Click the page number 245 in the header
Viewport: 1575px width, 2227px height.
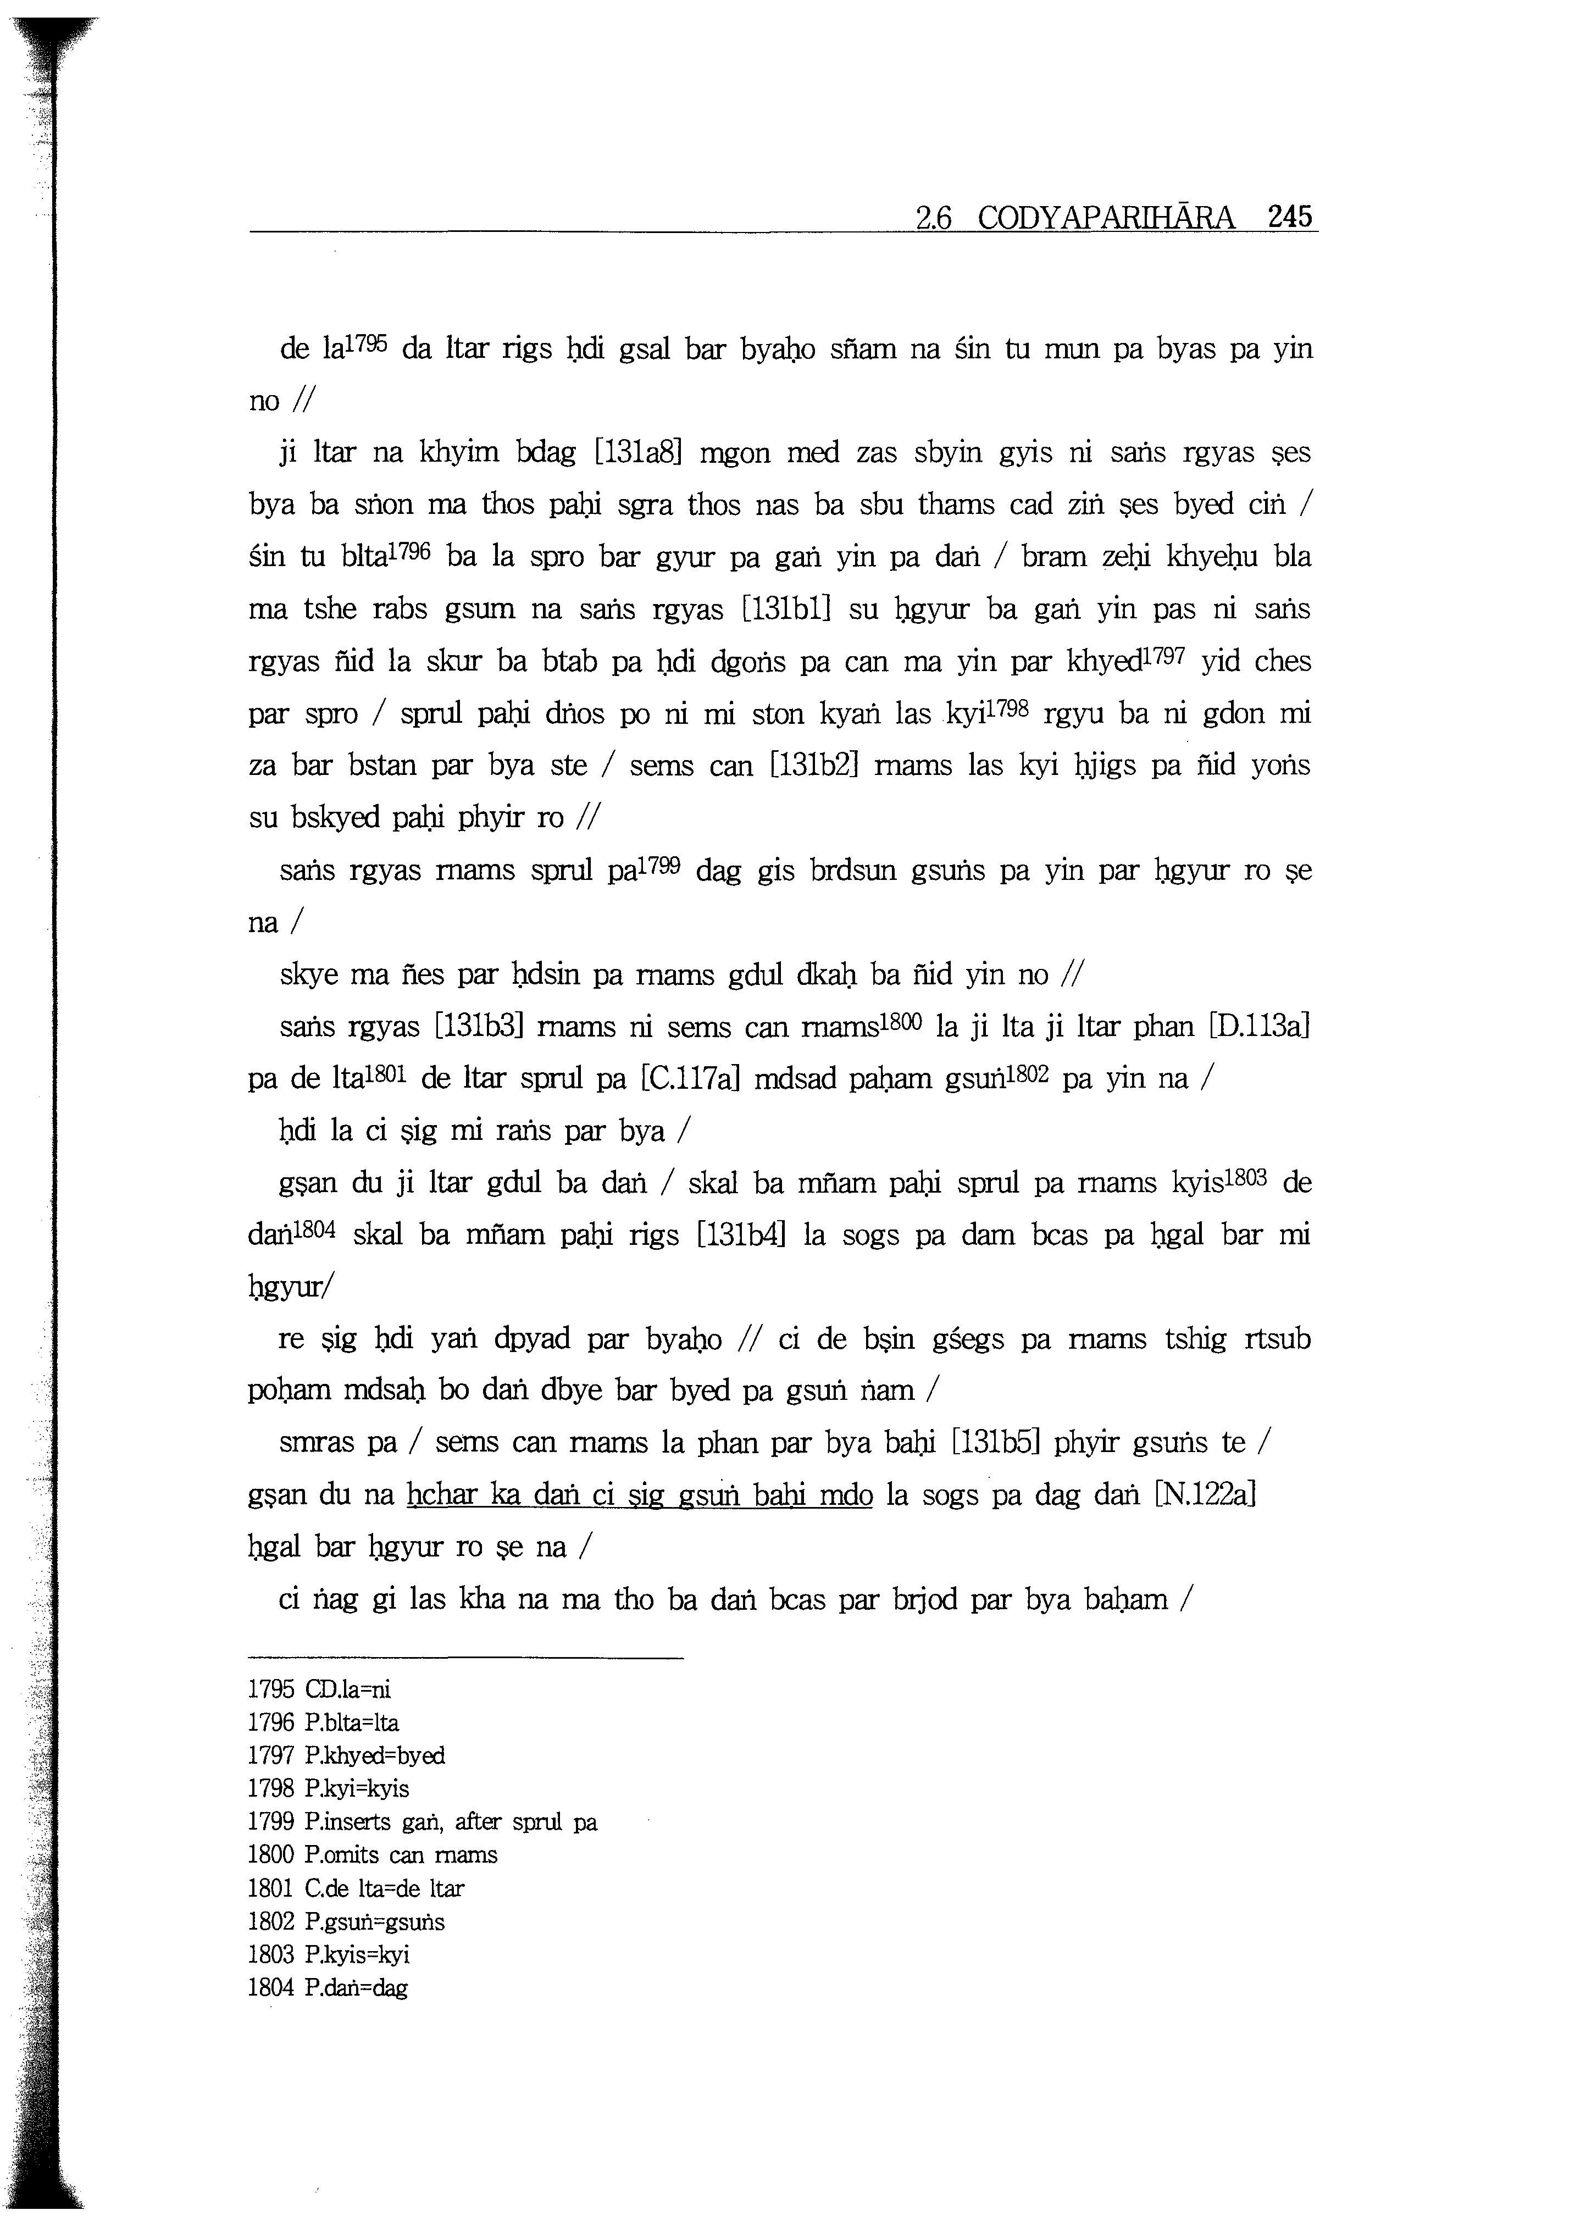pyautogui.click(x=1289, y=217)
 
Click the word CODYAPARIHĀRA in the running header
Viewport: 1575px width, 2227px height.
pyautogui.click(x=1107, y=217)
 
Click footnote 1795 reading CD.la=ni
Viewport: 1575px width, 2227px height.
pyautogui.click(x=319, y=1689)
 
